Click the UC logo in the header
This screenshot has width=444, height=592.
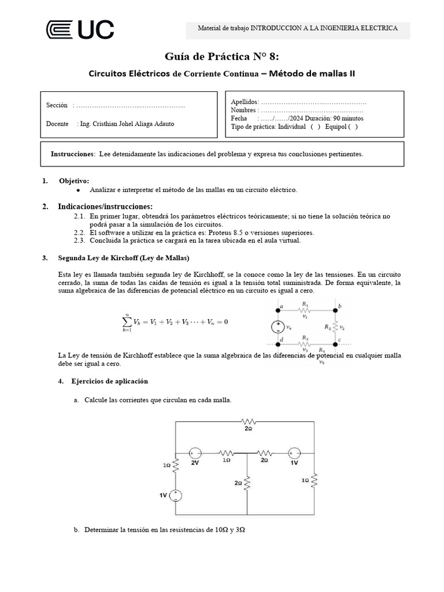[80, 30]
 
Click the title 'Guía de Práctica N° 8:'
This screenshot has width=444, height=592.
[221, 57]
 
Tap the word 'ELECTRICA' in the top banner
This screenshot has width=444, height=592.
[374, 28]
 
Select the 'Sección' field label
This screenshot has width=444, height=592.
[57, 105]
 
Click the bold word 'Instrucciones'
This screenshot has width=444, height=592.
[72, 154]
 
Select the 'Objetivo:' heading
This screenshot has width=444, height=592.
[74, 181]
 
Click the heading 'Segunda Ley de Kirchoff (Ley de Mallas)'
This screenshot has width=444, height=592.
[124, 257]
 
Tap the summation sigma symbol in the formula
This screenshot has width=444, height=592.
[127, 321]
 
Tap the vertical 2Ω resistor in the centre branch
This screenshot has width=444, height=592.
[247, 482]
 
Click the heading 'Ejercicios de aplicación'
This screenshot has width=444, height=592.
[109, 382]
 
